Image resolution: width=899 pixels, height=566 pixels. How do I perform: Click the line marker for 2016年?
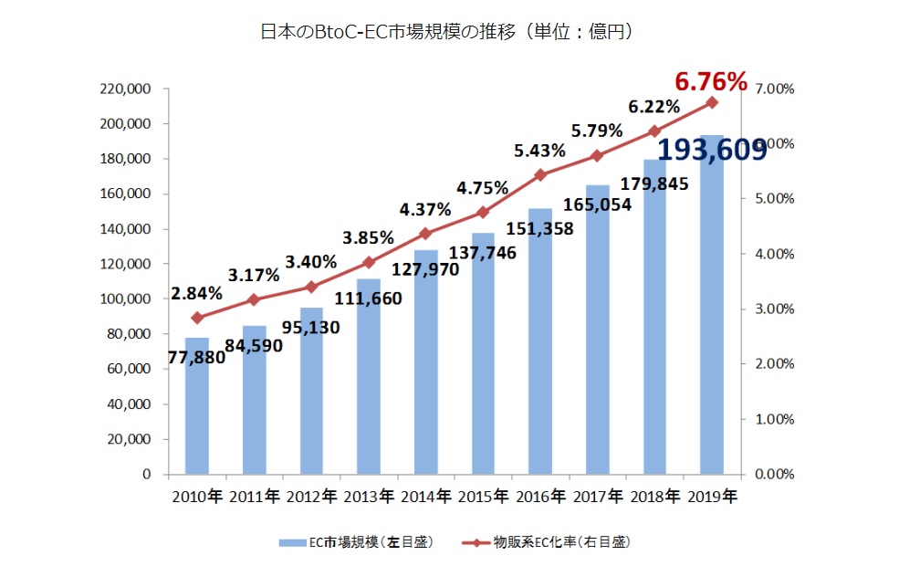click(540, 174)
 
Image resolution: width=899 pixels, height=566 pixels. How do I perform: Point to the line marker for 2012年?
click(311, 287)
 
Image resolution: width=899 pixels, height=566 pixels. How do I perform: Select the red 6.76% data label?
click(711, 82)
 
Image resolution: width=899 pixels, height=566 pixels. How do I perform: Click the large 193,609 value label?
click(711, 149)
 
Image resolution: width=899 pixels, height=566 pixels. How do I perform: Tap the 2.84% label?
click(195, 294)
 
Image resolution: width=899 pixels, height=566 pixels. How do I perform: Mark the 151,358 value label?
click(541, 228)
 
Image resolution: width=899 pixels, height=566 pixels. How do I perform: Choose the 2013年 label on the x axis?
click(368, 498)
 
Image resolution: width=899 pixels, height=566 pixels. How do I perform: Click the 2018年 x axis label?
click(654, 498)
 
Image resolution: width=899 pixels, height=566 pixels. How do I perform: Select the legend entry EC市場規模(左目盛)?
click(356, 542)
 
